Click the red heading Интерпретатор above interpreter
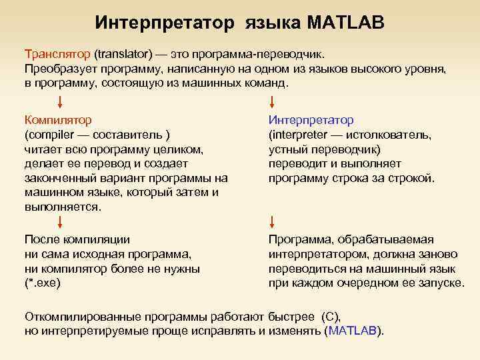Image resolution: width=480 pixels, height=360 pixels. click(311, 120)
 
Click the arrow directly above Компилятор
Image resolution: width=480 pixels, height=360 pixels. click(61, 102)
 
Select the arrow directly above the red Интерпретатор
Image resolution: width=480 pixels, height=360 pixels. click(272, 102)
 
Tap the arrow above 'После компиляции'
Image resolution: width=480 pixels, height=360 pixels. click(61, 222)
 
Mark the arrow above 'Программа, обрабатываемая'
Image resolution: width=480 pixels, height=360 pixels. click(272, 222)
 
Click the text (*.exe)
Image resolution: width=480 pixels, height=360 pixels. click(42, 283)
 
